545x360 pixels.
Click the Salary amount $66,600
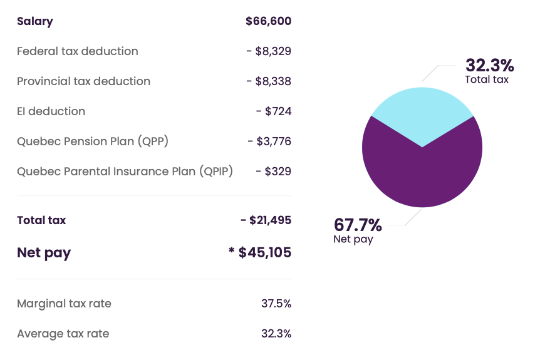click(268, 21)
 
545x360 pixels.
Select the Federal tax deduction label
click(78, 51)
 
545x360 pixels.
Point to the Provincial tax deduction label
click(83, 81)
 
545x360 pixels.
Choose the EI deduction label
click(51, 111)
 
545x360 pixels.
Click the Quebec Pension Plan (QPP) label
click(93, 141)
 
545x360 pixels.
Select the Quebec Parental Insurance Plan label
click(125, 172)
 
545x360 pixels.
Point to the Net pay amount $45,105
click(264, 252)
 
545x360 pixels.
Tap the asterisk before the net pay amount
click(232, 250)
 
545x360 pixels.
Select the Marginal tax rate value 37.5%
click(276, 304)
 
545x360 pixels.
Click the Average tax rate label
click(63, 334)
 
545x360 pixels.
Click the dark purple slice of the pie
click(422, 174)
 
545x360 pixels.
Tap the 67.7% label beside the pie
click(358, 225)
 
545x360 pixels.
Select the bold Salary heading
click(34, 21)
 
